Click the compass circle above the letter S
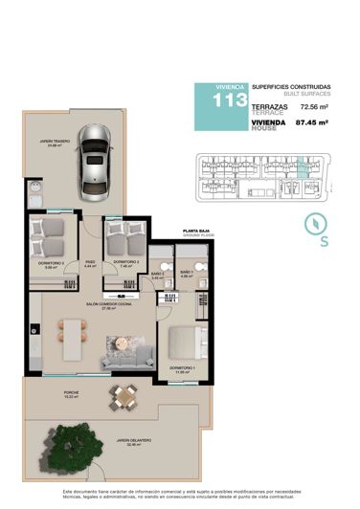pos(316,224)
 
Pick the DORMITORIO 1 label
pos(184,367)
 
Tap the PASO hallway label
pos(90,262)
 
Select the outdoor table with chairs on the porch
pos(122,394)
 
